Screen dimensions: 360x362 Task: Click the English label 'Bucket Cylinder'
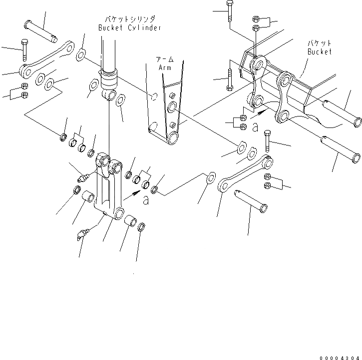point(129,28)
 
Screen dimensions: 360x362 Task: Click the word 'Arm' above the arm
point(165,67)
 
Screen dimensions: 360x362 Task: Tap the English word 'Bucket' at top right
point(319,51)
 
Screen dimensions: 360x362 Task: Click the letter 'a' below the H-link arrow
point(146,200)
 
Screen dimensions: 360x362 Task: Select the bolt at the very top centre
point(229,10)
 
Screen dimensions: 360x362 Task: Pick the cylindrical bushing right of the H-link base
point(131,221)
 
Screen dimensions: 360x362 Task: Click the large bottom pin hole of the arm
point(173,138)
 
